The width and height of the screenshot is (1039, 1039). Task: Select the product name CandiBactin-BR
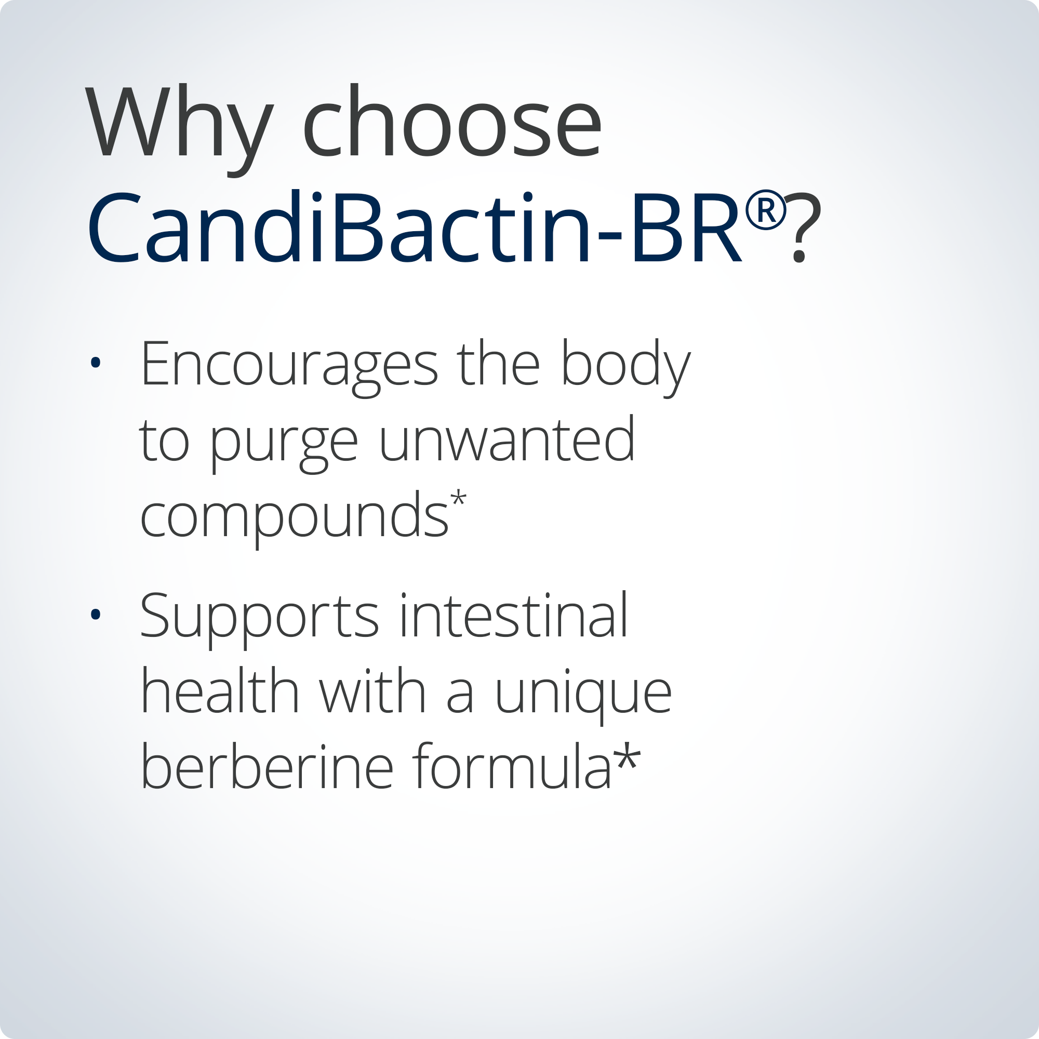(414, 229)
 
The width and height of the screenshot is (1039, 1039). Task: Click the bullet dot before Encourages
(96, 363)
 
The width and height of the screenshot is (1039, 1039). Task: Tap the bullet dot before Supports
(96, 614)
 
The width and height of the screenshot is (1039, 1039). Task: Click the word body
(625, 366)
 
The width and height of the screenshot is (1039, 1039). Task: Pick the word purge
(284, 444)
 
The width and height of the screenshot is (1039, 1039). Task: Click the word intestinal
(513, 616)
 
